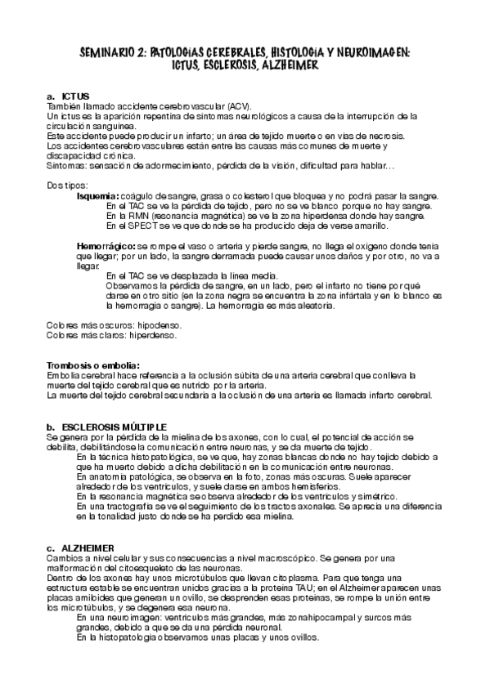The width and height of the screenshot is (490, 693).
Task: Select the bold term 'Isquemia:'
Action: point(98,196)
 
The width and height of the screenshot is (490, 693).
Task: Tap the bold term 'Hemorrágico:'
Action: point(106,245)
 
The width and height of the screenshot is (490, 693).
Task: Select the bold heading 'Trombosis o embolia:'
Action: point(93,365)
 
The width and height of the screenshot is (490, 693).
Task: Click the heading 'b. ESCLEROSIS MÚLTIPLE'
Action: point(107,427)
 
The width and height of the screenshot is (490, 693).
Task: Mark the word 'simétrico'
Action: point(373,496)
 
